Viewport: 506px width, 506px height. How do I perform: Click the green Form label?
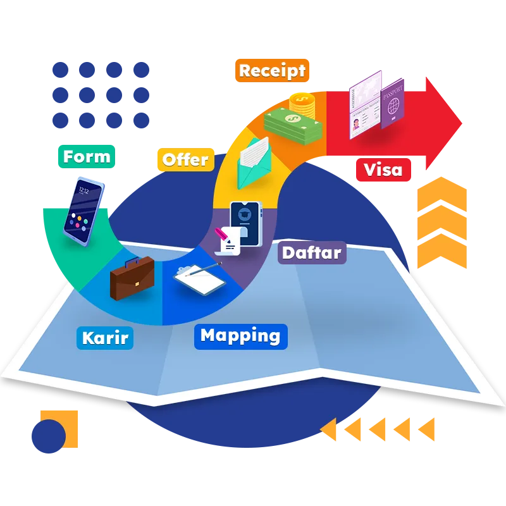(87, 157)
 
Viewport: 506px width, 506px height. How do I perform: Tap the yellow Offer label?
(185, 159)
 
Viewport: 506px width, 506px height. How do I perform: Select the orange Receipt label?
(272, 71)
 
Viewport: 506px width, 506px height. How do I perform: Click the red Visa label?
(383, 169)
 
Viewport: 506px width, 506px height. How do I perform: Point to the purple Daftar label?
(311, 253)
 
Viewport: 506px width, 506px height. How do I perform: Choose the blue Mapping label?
(240, 336)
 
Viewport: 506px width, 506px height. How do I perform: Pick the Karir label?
(105, 338)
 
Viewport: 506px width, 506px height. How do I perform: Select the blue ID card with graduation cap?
(245, 221)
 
